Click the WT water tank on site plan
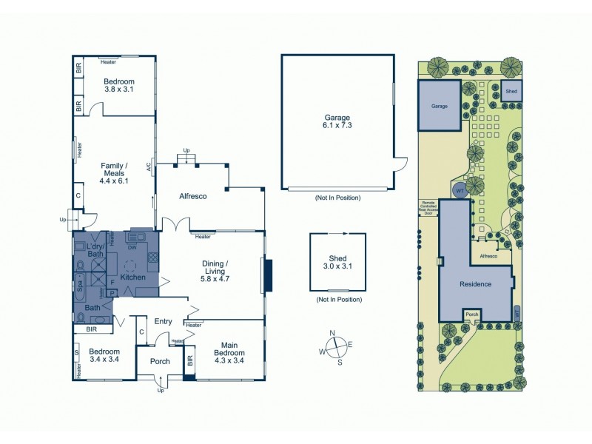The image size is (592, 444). click(x=460, y=190)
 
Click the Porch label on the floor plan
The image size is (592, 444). click(x=160, y=362)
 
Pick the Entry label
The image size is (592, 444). click(x=163, y=321)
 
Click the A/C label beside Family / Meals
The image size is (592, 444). click(x=149, y=168)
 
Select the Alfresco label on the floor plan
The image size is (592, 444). click(x=192, y=196)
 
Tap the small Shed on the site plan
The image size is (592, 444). click(x=510, y=91)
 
